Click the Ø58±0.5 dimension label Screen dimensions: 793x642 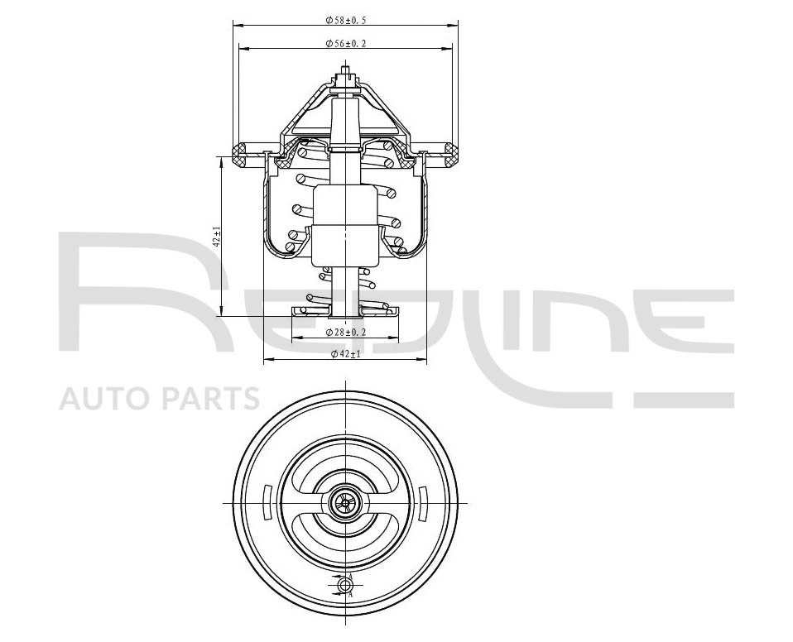[345, 20]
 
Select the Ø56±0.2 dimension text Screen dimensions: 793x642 [345, 44]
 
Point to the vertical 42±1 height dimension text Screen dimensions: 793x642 [218, 236]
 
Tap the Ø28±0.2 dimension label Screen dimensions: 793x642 [345, 332]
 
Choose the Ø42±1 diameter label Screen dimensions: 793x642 [345, 354]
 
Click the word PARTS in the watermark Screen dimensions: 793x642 [211, 398]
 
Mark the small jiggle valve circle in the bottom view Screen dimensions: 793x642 [345, 586]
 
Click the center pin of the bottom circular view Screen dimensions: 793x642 [345, 503]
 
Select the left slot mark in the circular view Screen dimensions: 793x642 [268, 503]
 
